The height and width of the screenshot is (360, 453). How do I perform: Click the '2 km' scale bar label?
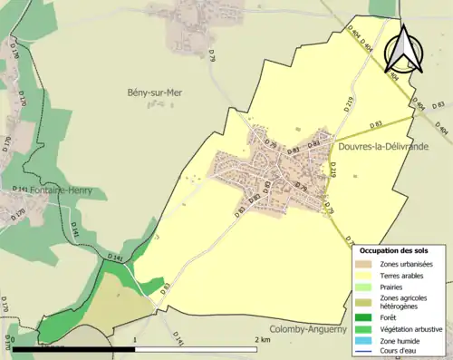(263, 340)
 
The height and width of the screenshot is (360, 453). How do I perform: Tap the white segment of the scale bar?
(199, 349)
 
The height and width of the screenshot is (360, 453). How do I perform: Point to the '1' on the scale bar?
(135, 340)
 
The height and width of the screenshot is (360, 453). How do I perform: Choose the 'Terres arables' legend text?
(405, 274)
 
